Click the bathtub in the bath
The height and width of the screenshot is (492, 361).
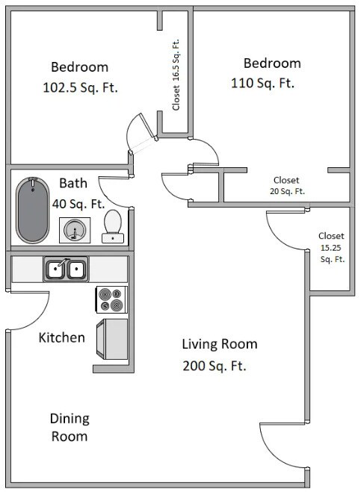[31, 210]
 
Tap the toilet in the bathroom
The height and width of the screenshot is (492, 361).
[113, 226]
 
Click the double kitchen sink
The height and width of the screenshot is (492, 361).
[66, 268]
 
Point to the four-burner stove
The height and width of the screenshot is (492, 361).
[112, 299]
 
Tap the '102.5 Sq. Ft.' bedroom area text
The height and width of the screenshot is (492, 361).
[81, 87]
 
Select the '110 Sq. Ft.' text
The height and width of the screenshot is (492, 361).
[263, 84]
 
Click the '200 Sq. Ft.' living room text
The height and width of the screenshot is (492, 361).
[215, 367]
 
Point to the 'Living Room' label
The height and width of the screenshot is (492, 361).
[220, 344]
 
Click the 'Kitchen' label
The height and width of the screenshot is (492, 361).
[61, 338]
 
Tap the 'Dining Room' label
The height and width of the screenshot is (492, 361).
[70, 427]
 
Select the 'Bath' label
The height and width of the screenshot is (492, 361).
[73, 183]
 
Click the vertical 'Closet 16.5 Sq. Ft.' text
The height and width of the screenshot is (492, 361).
[176, 75]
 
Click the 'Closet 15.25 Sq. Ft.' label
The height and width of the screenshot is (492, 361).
[331, 247]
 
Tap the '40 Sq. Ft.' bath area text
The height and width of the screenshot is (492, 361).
[78, 203]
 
